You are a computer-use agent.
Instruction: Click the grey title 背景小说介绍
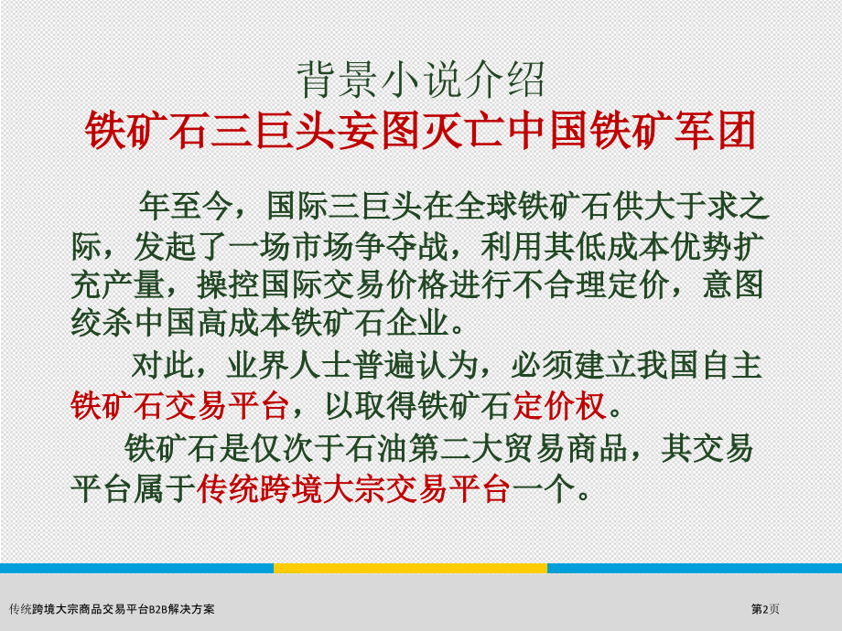pos(422,80)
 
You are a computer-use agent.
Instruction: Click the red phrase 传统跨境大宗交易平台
pos(353,489)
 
